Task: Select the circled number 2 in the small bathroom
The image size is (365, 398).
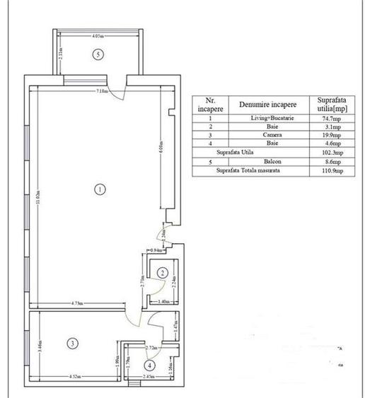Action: tap(162, 272)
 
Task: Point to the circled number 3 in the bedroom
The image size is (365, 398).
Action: tap(71, 344)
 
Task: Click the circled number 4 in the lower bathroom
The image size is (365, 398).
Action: tap(149, 365)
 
